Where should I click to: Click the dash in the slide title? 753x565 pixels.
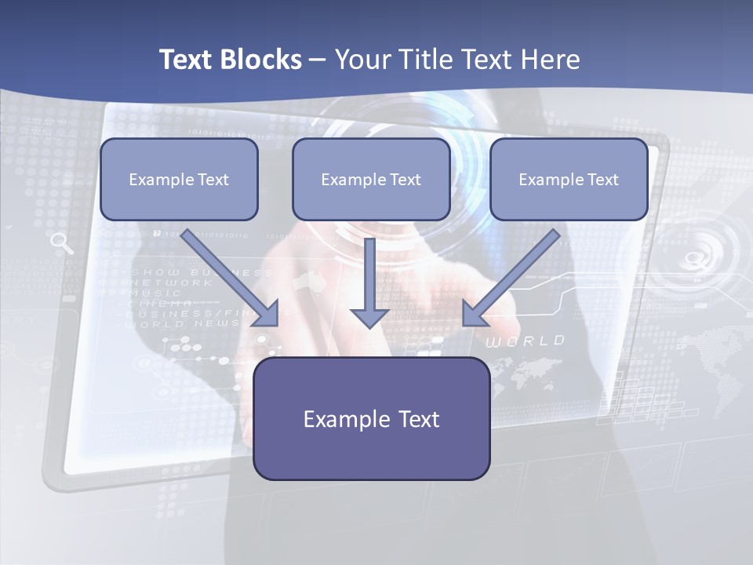(x=318, y=60)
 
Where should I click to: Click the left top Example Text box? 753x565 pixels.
(x=179, y=180)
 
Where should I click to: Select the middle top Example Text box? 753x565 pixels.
(x=371, y=180)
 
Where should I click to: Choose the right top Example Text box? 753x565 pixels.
(x=569, y=180)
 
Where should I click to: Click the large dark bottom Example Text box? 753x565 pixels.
(x=371, y=418)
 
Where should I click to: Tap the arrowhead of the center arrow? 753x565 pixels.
(x=369, y=316)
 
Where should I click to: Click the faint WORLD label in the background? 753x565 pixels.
(x=525, y=341)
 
